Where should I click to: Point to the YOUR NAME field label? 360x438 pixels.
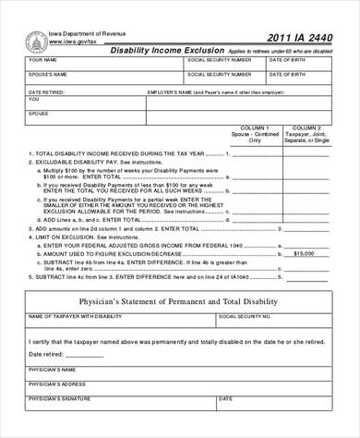(x=43, y=60)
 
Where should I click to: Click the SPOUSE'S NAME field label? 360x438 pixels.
(x=48, y=74)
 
